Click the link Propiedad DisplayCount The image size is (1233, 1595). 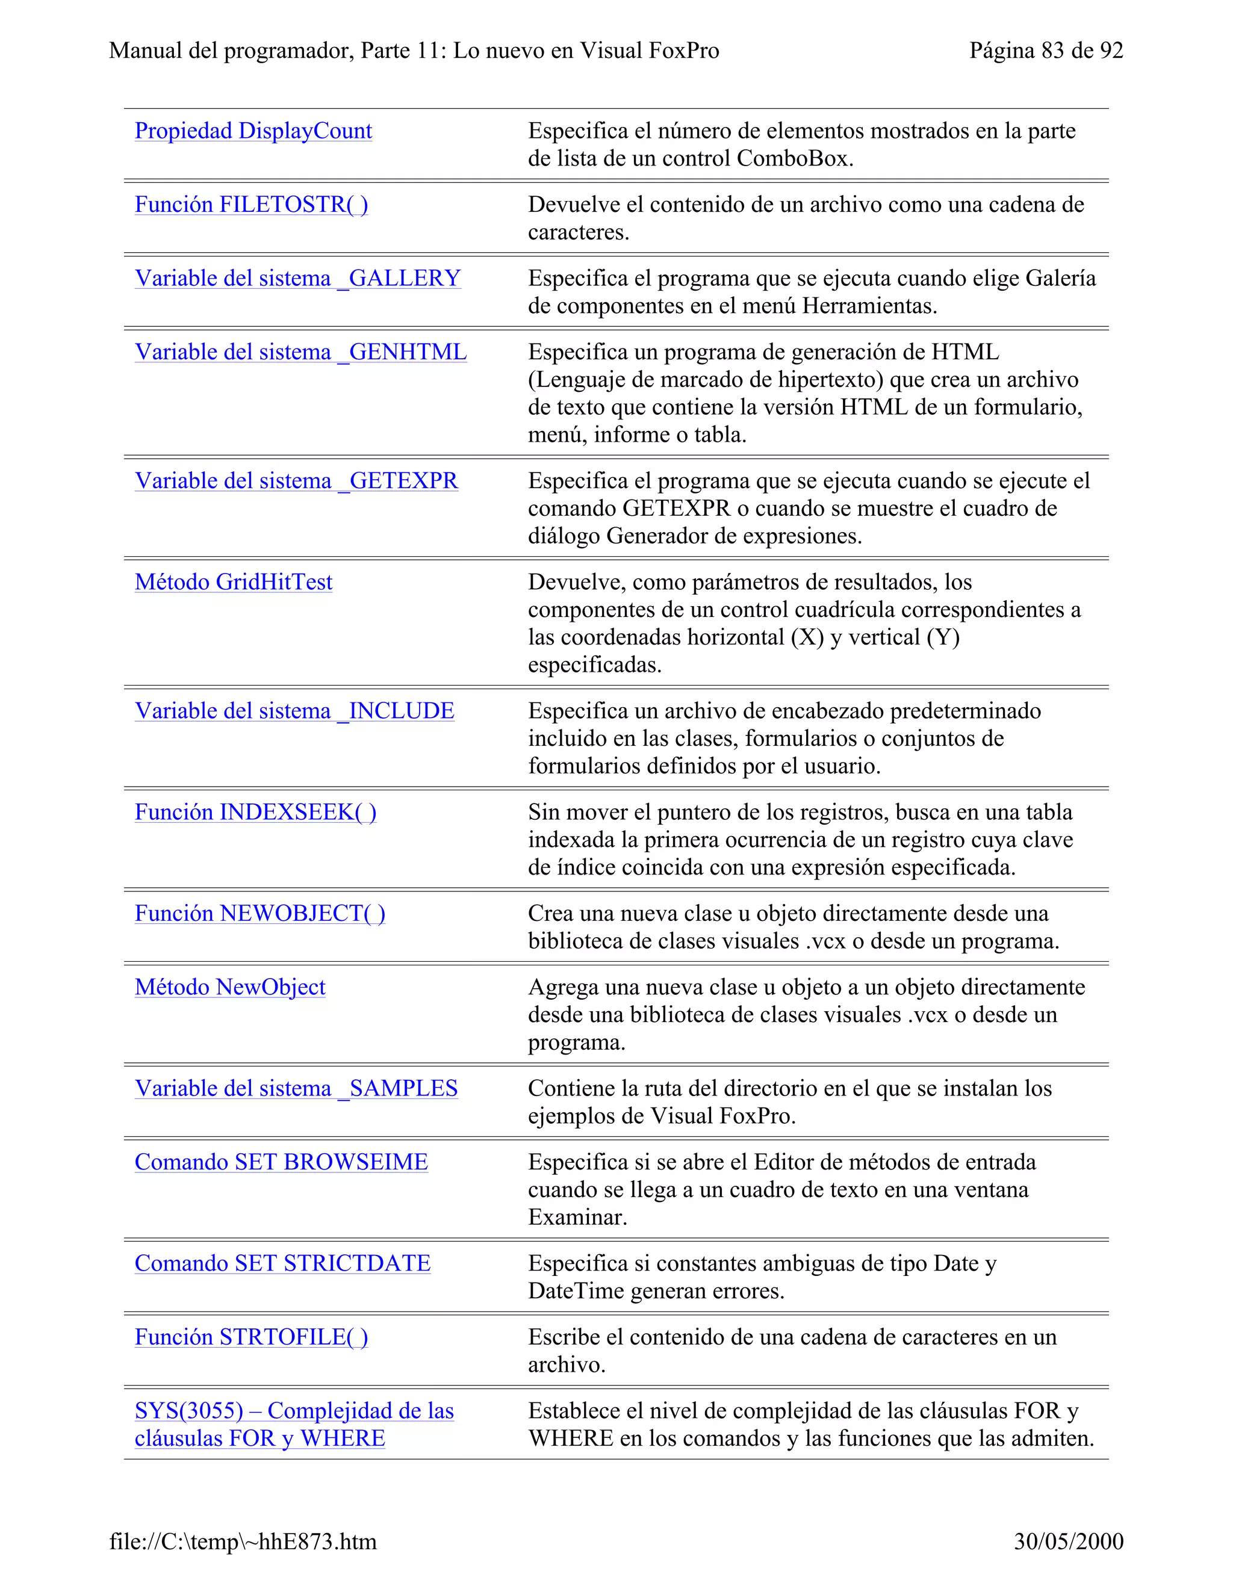pos(253,131)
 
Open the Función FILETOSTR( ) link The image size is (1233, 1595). pos(250,205)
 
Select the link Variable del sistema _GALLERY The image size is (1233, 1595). pos(297,279)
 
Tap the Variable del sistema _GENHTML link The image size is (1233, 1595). pos(300,353)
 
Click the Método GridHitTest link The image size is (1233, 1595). pos(233,583)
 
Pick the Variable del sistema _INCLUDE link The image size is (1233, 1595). pos(294,711)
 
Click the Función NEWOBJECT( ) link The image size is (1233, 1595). pos(259,914)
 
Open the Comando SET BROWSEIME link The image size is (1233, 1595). pos(281,1163)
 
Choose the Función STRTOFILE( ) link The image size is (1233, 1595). pos(250,1338)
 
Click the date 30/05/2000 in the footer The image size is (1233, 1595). pos(1068,1541)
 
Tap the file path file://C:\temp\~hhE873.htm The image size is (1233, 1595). pos(243,1541)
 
